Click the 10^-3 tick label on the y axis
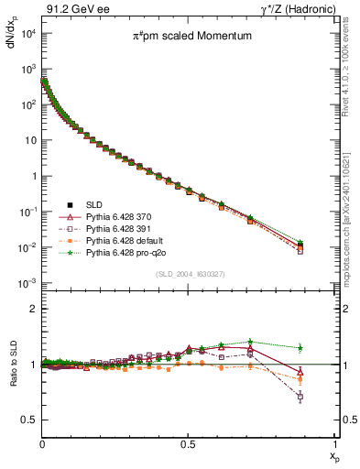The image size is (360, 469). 27,284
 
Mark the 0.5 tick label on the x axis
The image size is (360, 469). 188,443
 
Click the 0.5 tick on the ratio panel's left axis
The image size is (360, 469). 29,420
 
